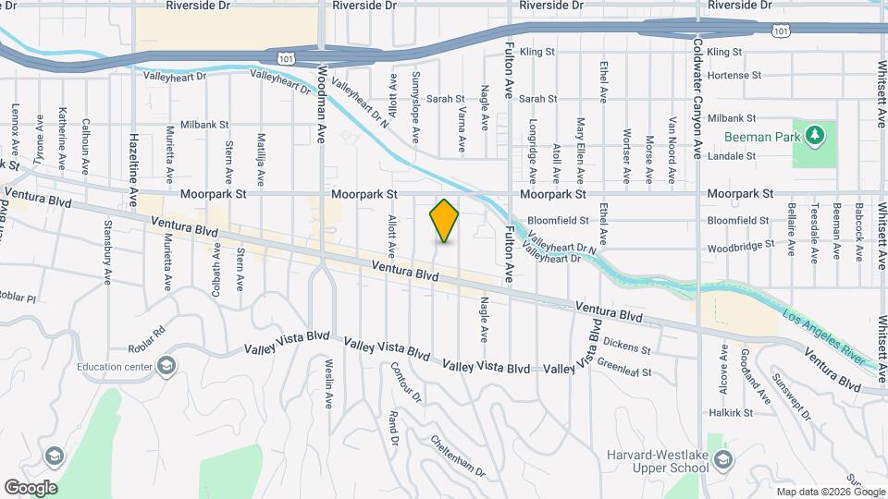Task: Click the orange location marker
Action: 445,220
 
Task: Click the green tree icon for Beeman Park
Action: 815,137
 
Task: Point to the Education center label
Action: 114,367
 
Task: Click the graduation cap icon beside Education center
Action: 166,367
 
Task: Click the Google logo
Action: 31,487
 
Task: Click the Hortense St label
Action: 733,75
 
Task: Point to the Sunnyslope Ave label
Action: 416,106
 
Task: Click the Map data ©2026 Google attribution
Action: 830,492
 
